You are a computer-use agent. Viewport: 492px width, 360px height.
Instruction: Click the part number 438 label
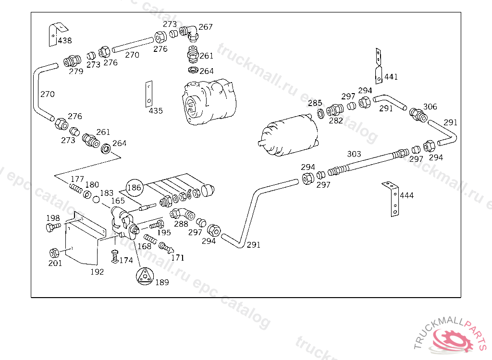[65, 40]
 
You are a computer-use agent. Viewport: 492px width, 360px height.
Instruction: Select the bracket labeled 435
[149, 94]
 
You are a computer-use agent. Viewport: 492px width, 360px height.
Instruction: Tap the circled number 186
[135, 188]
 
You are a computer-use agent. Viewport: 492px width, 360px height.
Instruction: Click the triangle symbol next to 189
[145, 276]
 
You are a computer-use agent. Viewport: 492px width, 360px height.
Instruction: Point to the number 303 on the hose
[354, 154]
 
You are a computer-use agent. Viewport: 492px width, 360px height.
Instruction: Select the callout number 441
[391, 77]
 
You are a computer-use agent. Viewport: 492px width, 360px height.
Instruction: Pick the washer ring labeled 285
[320, 113]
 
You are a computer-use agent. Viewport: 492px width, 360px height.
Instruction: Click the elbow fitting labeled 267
[190, 33]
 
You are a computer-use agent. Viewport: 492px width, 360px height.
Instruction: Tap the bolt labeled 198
[53, 227]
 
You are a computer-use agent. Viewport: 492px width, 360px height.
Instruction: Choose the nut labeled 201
[54, 253]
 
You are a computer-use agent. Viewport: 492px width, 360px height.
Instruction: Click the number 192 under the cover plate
[97, 272]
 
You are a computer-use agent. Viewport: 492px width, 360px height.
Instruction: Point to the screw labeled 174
[115, 256]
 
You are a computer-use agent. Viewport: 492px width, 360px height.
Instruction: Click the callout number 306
[430, 107]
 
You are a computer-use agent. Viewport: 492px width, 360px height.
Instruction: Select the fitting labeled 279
[72, 61]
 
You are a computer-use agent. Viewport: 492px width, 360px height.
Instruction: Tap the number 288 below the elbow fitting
[181, 224]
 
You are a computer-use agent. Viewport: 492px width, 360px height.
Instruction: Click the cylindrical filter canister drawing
[288, 135]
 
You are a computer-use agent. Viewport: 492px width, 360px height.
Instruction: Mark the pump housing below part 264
[209, 101]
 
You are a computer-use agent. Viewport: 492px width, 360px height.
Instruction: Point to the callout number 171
[178, 258]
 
